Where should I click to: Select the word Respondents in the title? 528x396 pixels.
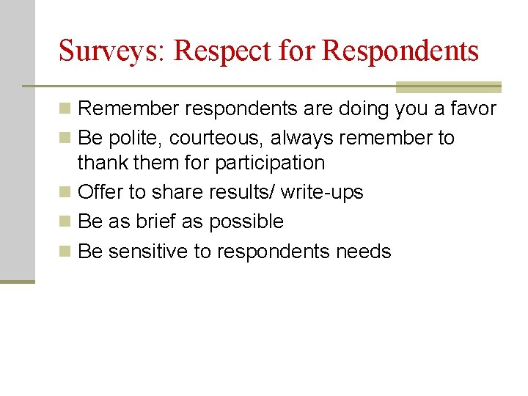(400, 51)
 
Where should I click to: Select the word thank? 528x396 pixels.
(101, 162)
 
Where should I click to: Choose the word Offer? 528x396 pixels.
(100, 192)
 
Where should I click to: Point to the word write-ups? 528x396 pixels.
(323, 192)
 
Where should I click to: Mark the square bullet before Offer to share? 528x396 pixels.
(66, 193)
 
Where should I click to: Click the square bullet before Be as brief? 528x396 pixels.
(66, 222)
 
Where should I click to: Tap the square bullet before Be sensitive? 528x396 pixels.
(66, 252)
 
